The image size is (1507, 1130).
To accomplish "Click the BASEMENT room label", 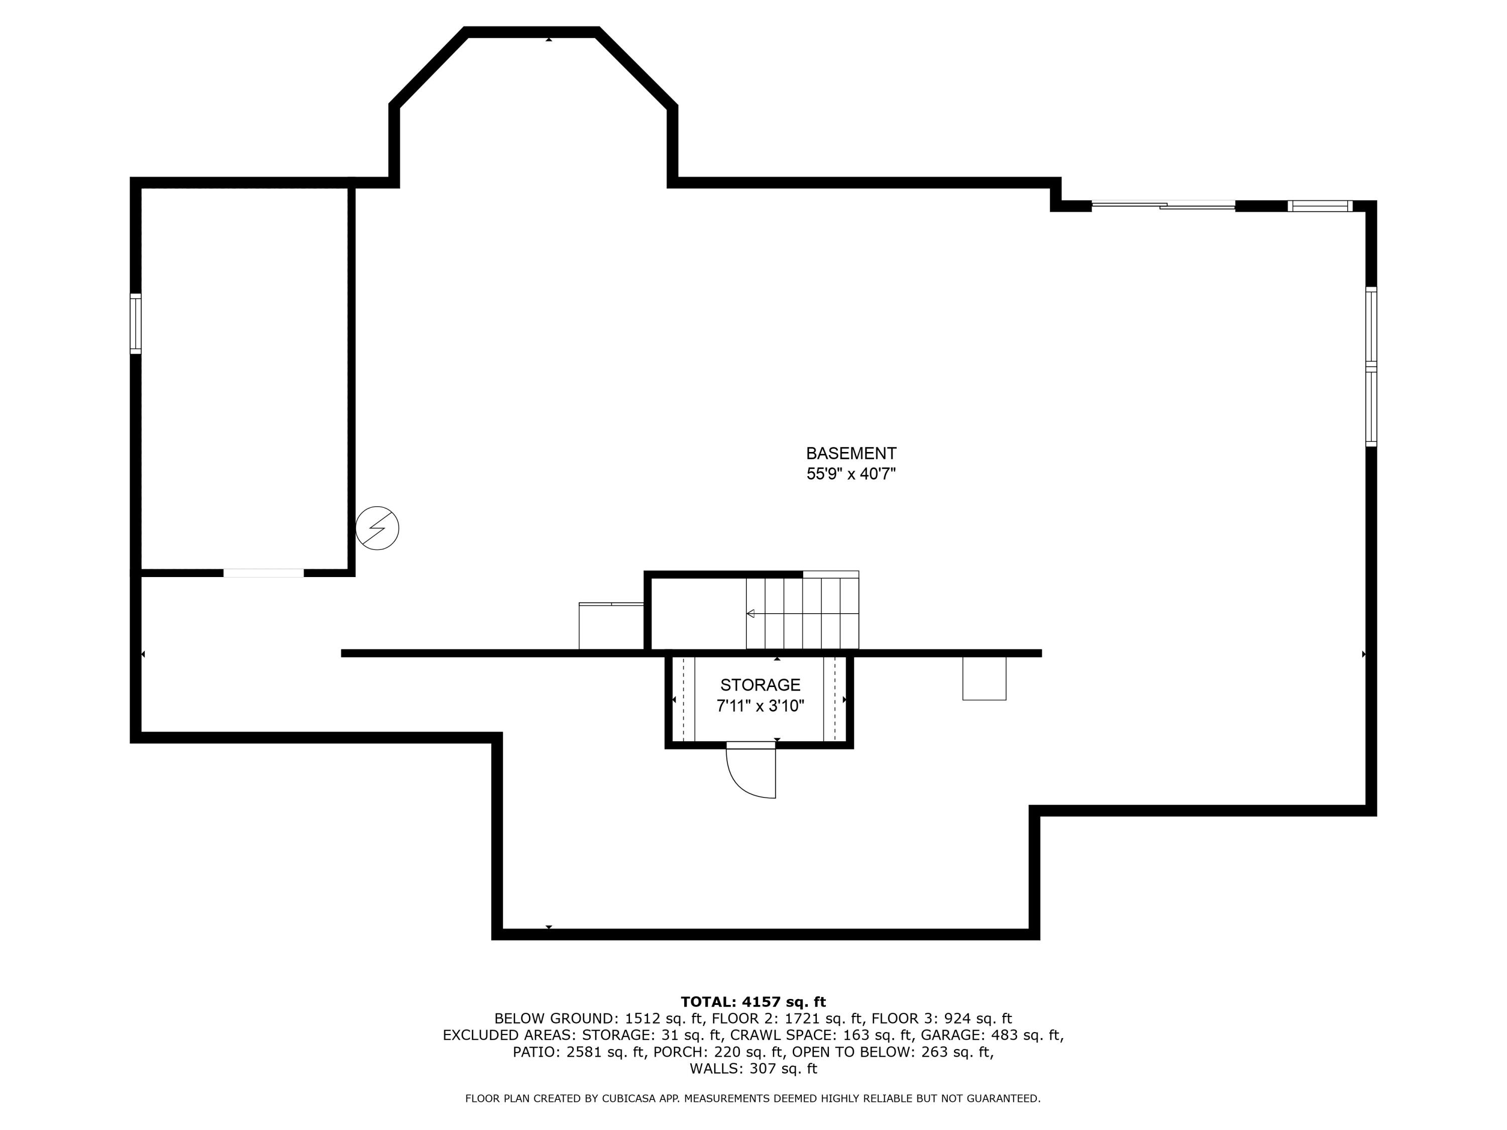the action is pos(851,454).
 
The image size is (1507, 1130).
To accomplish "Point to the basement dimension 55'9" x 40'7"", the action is pos(851,474).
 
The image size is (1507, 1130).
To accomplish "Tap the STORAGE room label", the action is pos(761,685).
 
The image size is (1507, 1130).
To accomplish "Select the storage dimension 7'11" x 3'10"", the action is pos(761,706).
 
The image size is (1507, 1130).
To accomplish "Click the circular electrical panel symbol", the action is pos(377,528).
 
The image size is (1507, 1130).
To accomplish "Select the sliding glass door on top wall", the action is pos(1163,204).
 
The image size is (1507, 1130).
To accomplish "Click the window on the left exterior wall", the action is pos(136,323).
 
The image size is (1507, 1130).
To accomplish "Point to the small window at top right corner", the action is pos(1320,206).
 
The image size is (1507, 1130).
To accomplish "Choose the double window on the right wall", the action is pos(1371,367).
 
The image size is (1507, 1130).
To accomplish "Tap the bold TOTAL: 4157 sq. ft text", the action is pos(753,1002).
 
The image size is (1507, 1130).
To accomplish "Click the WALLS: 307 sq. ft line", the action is pos(753,1069).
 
